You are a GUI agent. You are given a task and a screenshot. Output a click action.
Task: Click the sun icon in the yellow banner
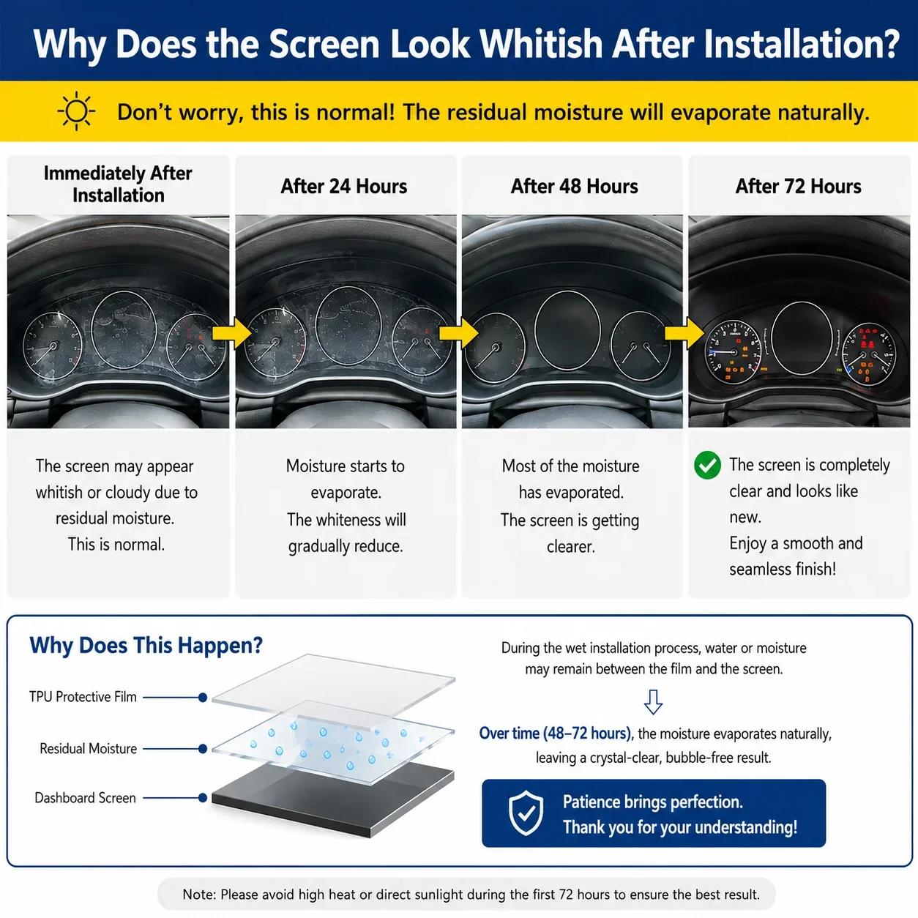(x=76, y=111)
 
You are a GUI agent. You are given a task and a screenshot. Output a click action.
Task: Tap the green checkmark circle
(x=707, y=465)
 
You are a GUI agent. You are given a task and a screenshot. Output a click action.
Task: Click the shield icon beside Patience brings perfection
(x=526, y=813)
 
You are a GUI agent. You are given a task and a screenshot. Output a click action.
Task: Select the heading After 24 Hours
(x=343, y=186)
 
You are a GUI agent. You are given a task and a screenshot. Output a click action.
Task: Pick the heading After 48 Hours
(x=574, y=186)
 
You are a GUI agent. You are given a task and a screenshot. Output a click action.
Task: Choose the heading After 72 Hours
(x=799, y=186)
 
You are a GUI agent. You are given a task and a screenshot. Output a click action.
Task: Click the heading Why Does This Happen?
(x=146, y=646)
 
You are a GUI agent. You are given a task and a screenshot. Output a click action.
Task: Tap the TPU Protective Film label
(x=83, y=697)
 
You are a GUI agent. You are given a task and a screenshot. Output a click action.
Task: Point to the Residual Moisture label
(x=88, y=748)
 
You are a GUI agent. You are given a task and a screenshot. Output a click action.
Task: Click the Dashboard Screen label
(x=85, y=798)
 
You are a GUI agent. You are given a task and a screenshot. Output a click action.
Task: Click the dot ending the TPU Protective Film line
(x=203, y=698)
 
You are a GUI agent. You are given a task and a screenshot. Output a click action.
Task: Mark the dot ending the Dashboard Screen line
(x=203, y=797)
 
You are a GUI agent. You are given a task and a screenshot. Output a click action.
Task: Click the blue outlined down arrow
(x=653, y=702)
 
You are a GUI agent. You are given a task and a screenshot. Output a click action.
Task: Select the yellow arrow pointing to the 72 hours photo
(x=684, y=333)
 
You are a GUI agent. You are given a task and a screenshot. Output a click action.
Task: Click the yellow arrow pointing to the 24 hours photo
(x=232, y=333)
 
